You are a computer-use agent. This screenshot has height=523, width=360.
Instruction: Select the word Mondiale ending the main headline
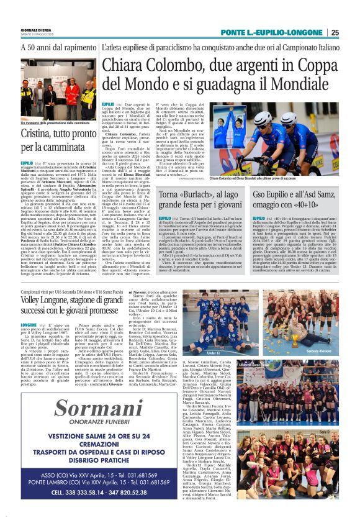pos(295,82)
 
